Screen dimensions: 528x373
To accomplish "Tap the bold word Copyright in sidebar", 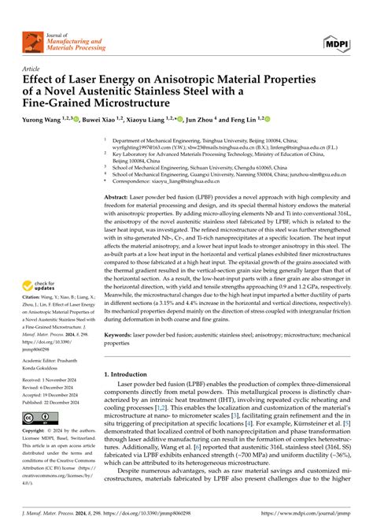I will pos(34,431).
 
